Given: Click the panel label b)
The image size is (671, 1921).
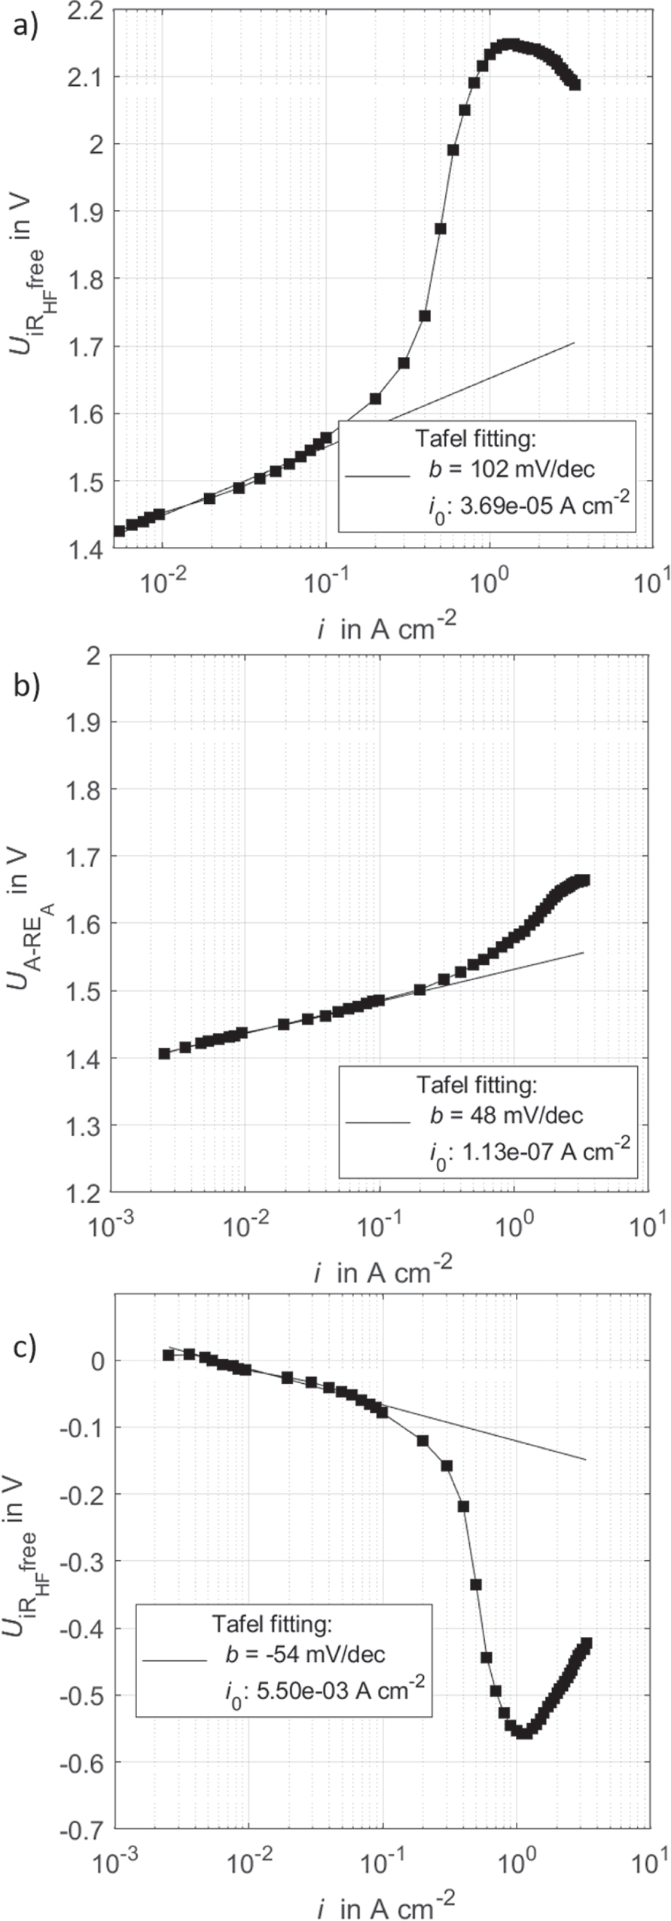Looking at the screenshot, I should click(26, 686).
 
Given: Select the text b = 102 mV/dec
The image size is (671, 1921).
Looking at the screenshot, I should click(511, 469).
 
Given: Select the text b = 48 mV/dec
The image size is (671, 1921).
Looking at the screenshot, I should click(506, 1115).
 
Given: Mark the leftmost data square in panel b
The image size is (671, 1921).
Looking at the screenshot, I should click(164, 1053).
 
